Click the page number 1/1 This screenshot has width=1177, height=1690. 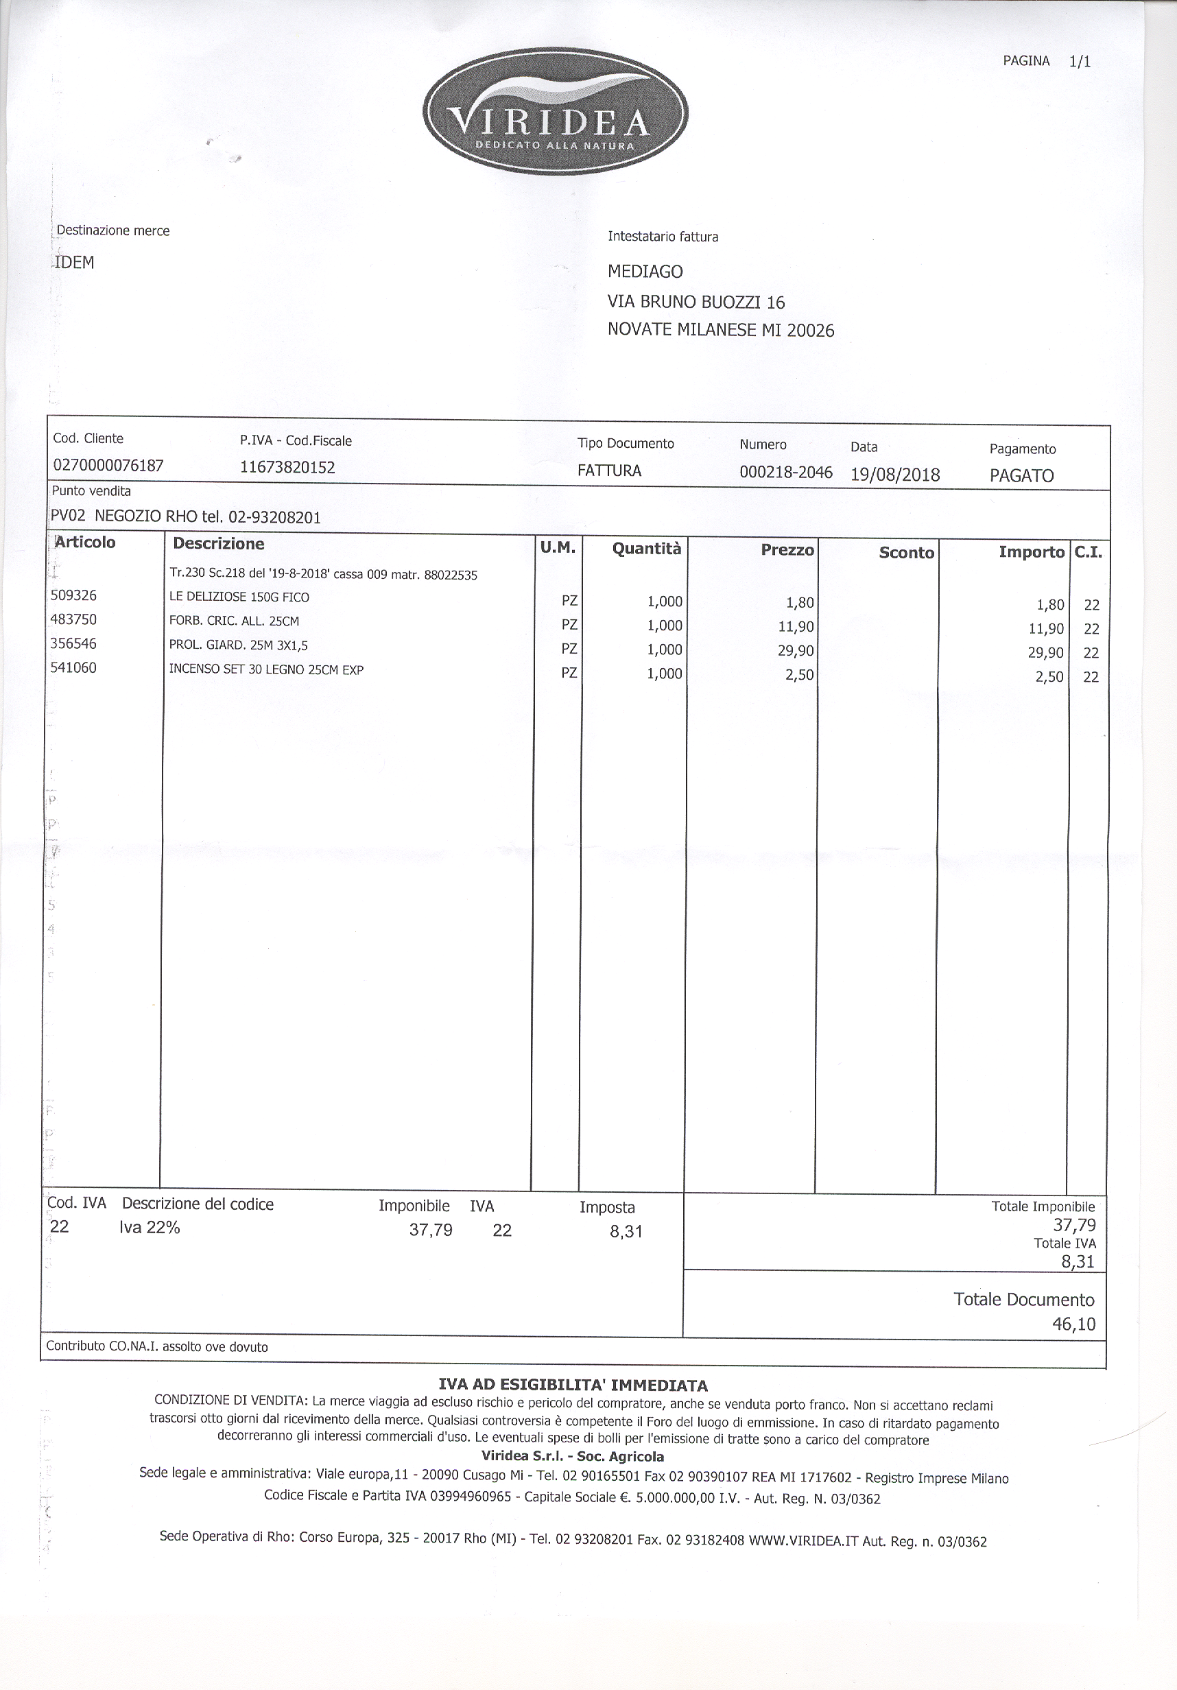1079,62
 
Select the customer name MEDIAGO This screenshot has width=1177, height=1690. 645,272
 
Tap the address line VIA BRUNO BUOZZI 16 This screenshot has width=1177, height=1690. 695,302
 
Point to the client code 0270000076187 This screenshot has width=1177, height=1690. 108,465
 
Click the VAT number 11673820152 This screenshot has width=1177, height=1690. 288,467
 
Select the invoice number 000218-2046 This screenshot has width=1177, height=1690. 785,473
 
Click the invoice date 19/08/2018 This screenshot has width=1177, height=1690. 895,475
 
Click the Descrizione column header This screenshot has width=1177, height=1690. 219,544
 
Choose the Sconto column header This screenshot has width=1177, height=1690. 906,553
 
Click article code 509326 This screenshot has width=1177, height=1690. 73,595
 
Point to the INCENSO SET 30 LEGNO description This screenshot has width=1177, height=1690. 266,670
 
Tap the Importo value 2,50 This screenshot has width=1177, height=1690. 1049,677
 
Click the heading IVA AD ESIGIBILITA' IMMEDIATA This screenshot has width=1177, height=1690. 573,1385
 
